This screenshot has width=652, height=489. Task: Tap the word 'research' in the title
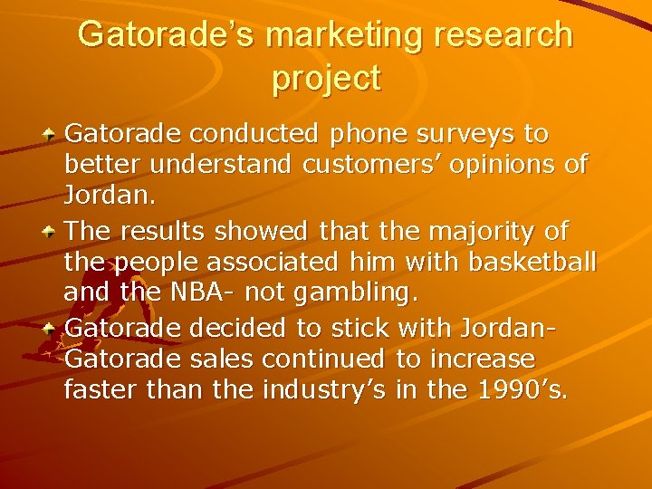click(506, 35)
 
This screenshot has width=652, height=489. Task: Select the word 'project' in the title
click(326, 79)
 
